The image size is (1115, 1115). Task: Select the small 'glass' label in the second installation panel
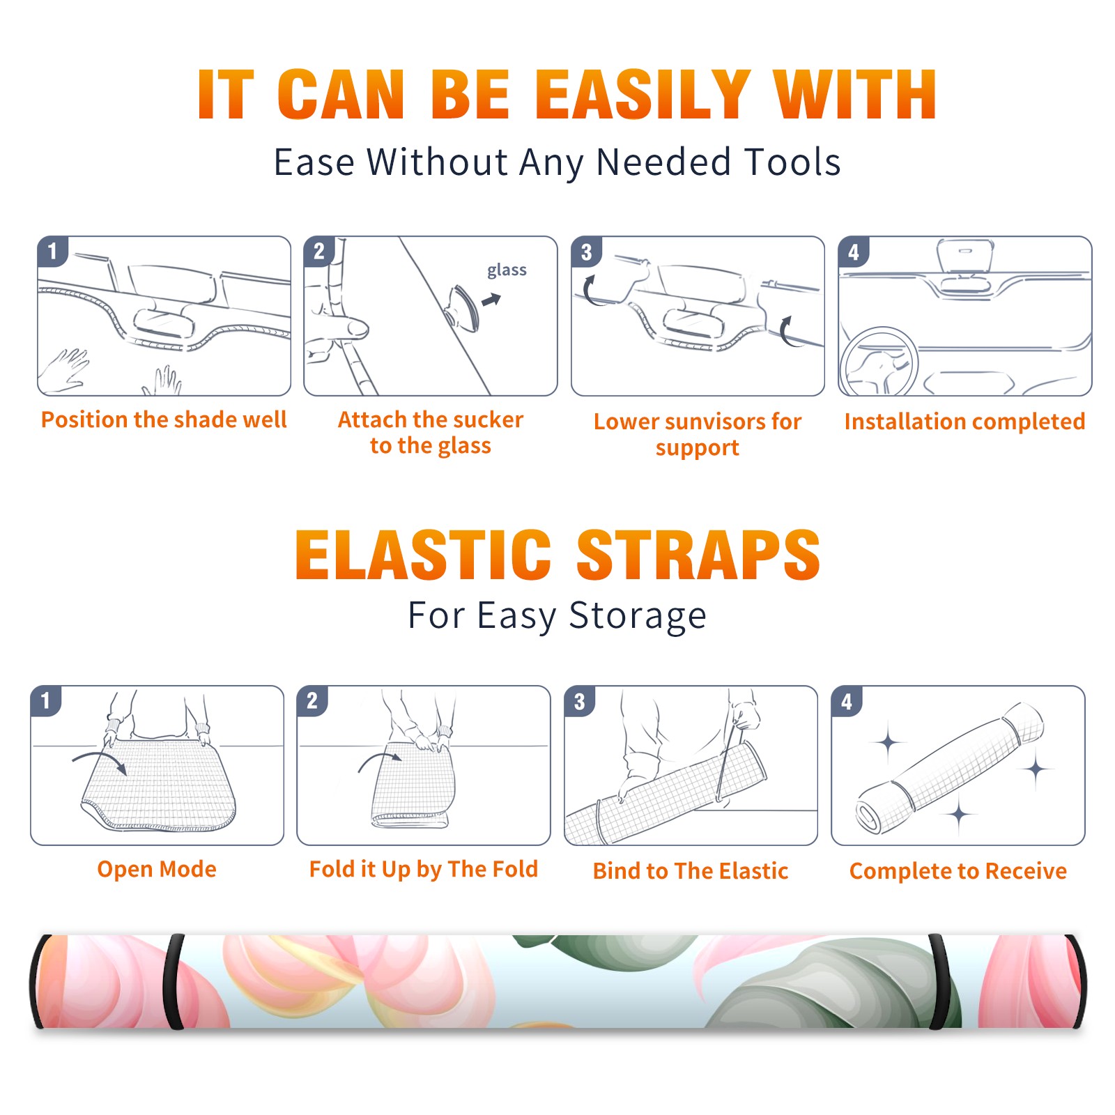pos(507,270)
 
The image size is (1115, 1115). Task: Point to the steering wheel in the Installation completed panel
pos(879,362)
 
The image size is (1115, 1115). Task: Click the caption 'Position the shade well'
pos(164,420)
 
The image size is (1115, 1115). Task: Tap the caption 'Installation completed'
pos(964,421)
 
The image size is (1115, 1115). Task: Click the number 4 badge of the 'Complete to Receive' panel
pos(847,701)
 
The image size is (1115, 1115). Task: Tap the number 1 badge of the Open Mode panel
pos(46,700)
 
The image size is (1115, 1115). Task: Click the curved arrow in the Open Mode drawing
pos(100,761)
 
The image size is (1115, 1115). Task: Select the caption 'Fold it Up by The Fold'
pos(424,869)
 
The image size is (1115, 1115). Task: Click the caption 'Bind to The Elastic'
pos(691,870)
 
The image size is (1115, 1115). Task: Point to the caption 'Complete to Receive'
pos(958,870)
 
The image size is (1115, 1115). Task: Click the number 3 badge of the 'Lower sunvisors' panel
pos(586,252)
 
